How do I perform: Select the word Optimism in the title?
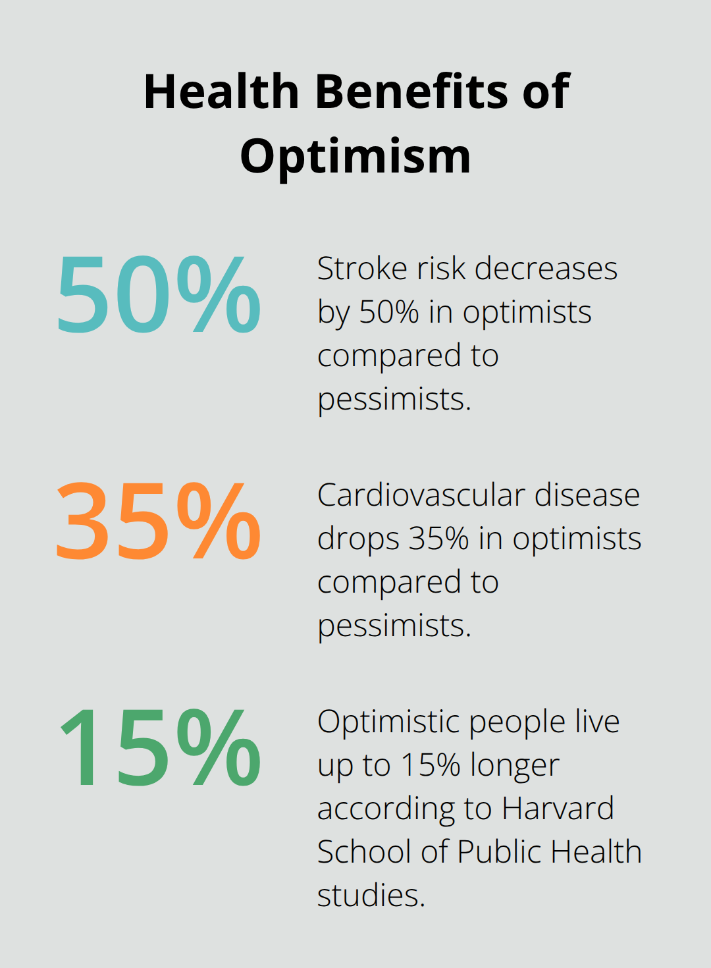[355, 157]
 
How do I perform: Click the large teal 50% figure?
[159, 294]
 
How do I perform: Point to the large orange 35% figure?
[159, 521]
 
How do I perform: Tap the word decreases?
[546, 269]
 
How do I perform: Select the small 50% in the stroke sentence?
[388, 312]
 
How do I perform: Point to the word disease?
[587, 495]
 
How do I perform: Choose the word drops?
[358, 539]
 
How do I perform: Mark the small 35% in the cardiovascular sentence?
[438, 539]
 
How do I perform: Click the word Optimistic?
[388, 722]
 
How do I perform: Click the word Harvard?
[558, 809]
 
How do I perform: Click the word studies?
[371, 896]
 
